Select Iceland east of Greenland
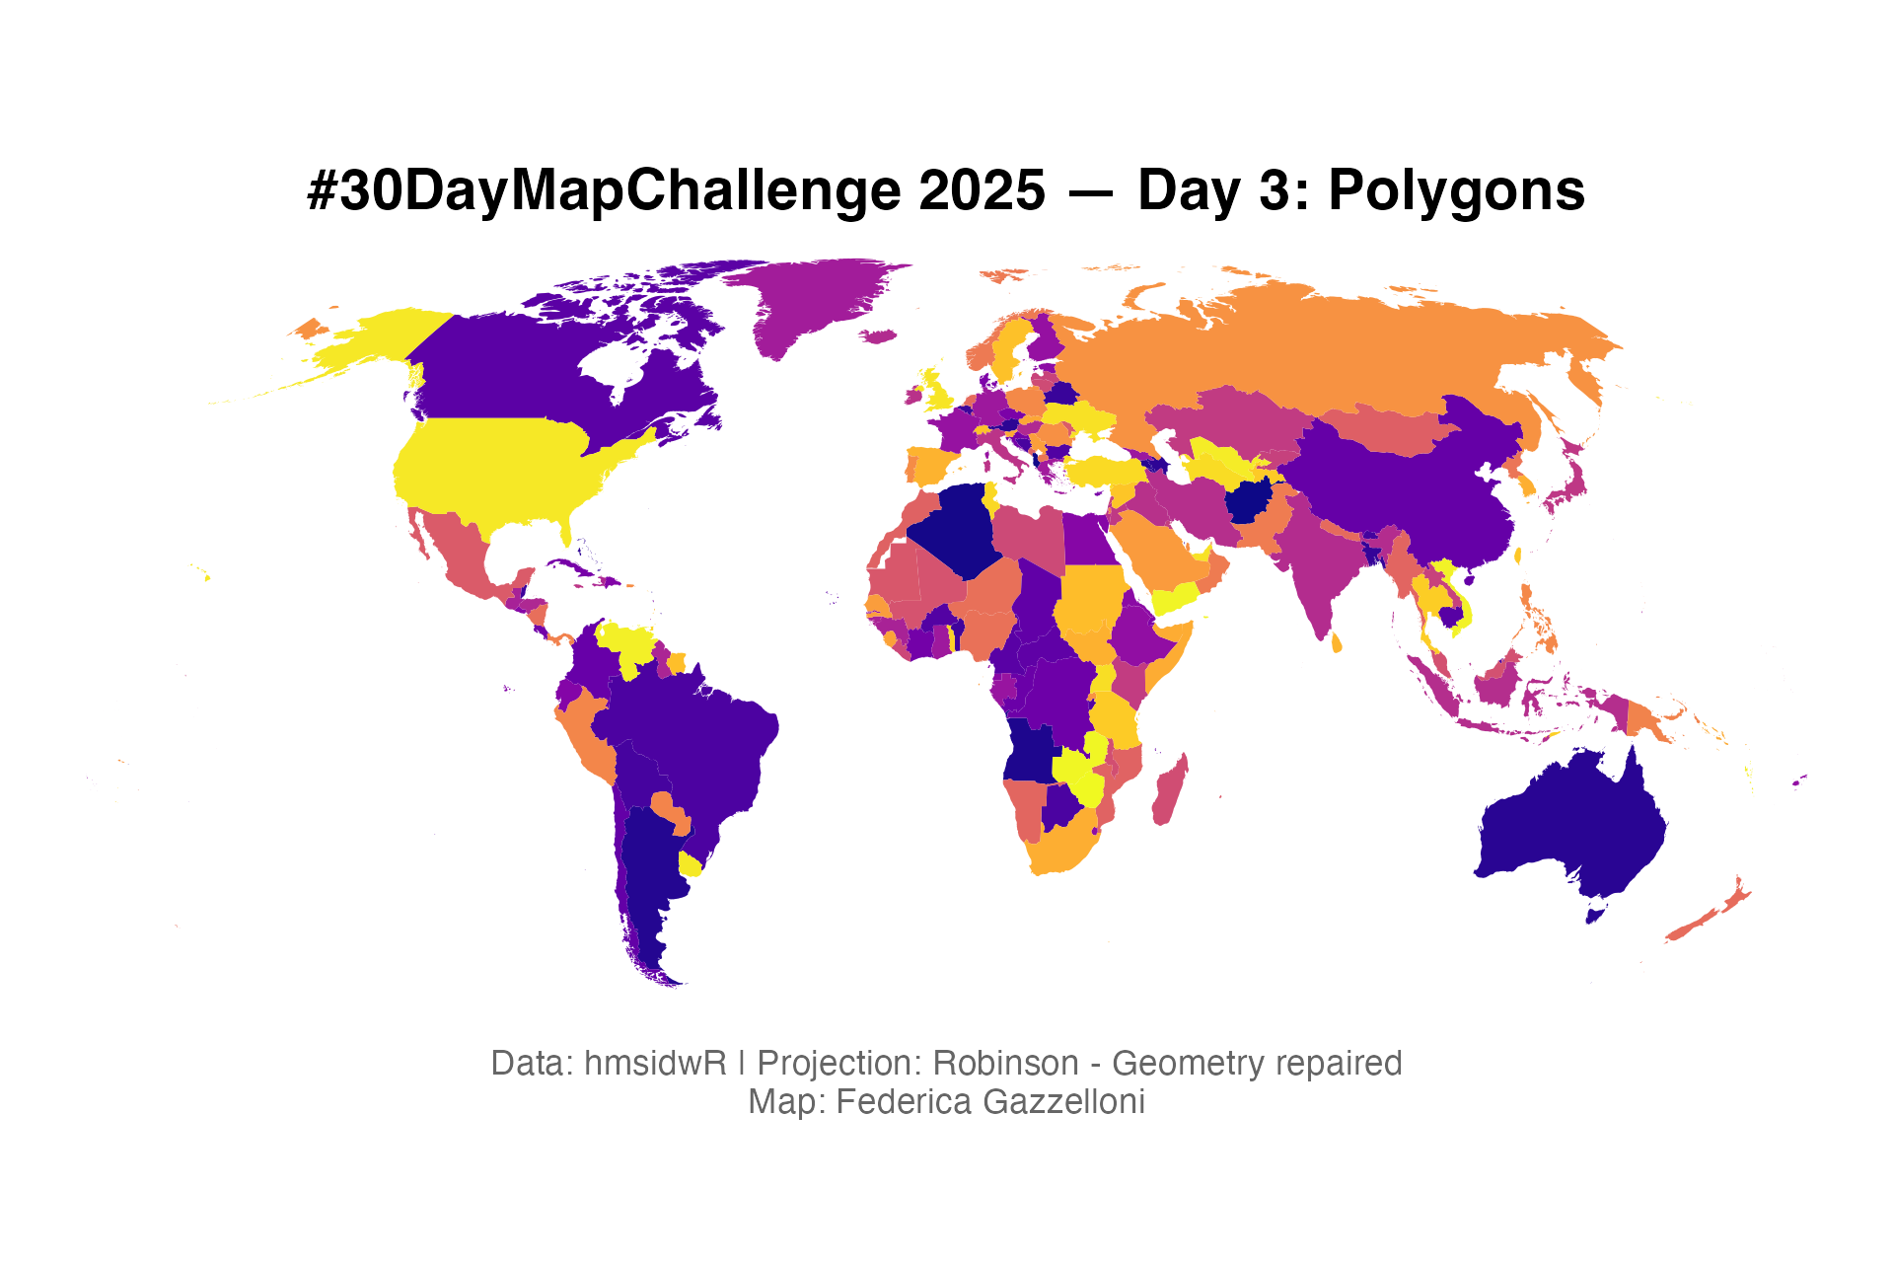point(879,336)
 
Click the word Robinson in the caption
point(1005,1064)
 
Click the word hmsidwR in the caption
point(655,1064)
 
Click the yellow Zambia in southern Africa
point(1075,770)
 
